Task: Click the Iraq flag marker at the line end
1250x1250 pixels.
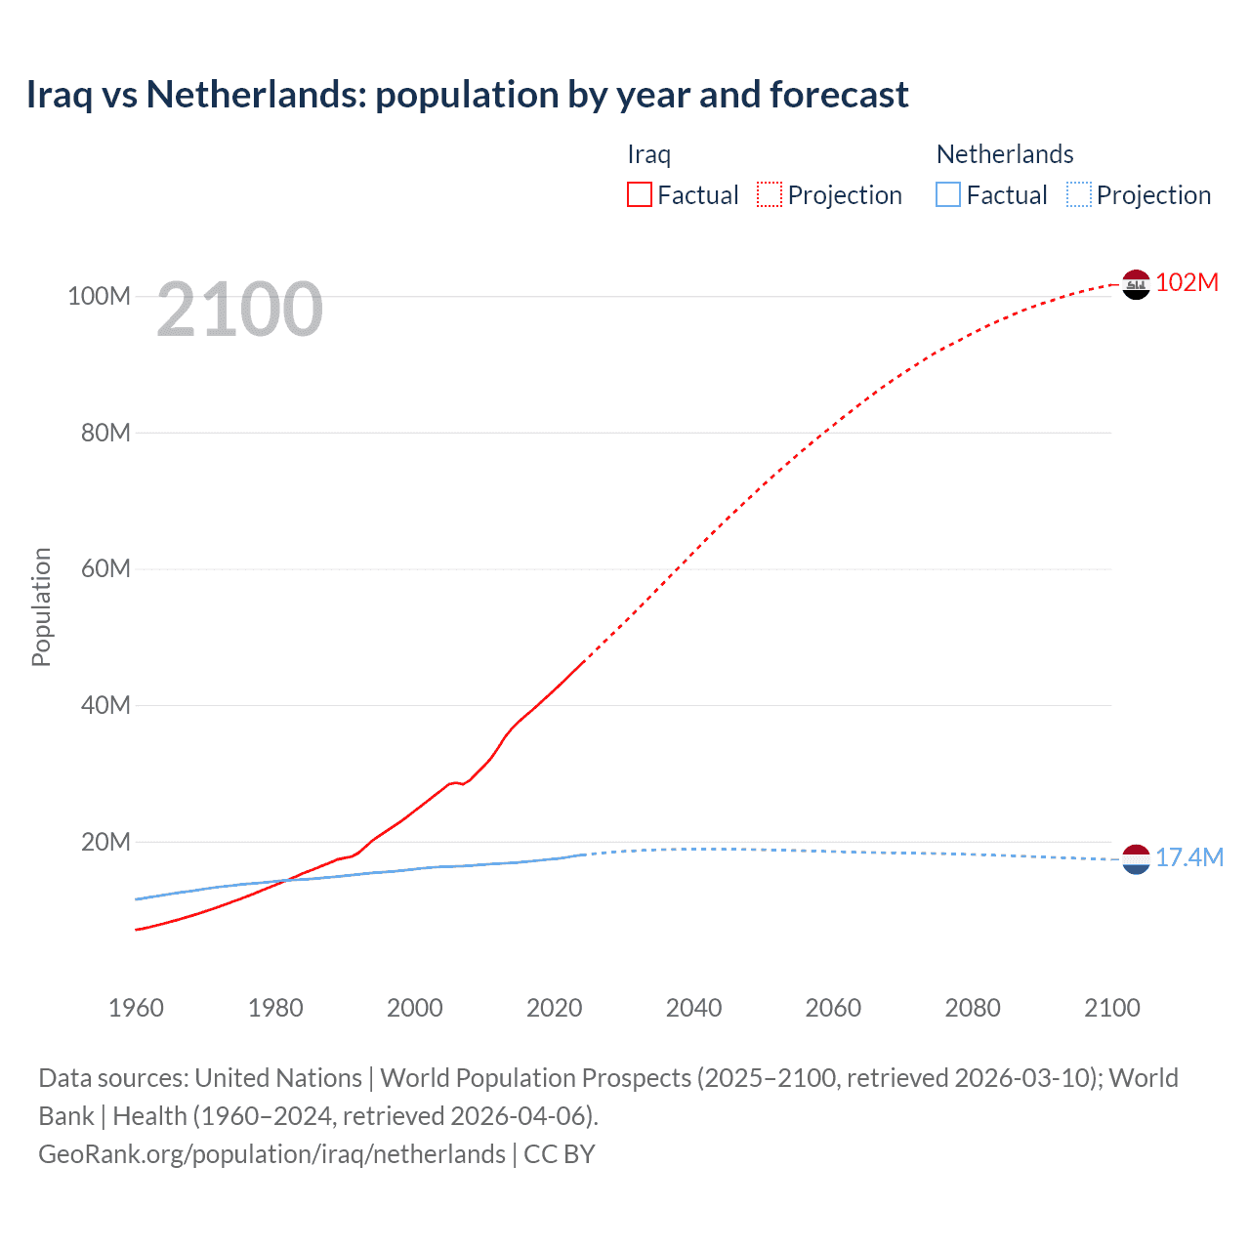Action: click(x=1136, y=284)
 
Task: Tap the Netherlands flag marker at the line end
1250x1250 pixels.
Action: click(x=1136, y=859)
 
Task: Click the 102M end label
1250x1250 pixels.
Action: click(x=1187, y=282)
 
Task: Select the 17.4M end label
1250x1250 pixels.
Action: click(x=1188, y=857)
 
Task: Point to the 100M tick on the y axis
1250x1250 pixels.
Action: click(x=99, y=296)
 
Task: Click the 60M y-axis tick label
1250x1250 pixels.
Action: click(x=105, y=568)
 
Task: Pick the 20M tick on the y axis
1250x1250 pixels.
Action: click(x=105, y=842)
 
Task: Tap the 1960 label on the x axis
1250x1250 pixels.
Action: click(x=136, y=1008)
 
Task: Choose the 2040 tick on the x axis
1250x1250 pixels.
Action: click(x=693, y=1008)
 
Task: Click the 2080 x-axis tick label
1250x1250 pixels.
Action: click(x=973, y=1008)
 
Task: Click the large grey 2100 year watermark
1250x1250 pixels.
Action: click(x=239, y=310)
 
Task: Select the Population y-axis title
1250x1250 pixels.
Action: click(x=41, y=606)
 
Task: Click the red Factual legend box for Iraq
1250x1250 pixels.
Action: click(x=639, y=194)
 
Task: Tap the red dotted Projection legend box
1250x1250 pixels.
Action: click(x=770, y=194)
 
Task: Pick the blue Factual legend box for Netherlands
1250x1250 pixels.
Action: click(x=947, y=194)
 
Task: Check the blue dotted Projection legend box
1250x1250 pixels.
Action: click(x=1078, y=194)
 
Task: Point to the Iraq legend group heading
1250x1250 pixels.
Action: click(x=648, y=154)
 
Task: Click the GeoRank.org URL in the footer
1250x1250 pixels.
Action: click(x=271, y=1153)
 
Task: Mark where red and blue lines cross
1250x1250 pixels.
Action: click(x=285, y=880)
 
